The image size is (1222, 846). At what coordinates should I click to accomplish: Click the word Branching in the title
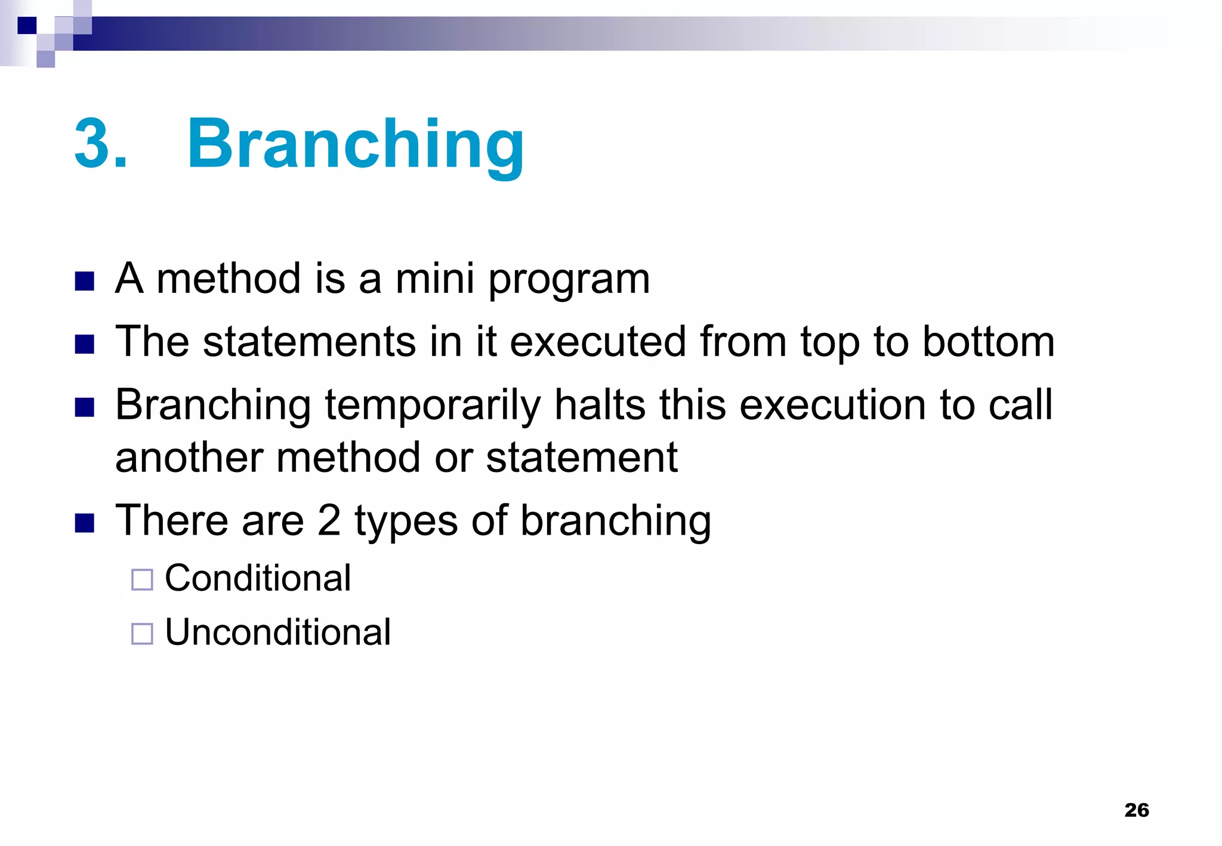[x=356, y=145]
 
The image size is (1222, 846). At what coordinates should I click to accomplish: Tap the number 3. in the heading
[x=100, y=145]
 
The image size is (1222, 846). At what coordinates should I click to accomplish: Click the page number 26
[x=1136, y=810]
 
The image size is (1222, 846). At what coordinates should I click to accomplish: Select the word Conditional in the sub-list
[x=258, y=578]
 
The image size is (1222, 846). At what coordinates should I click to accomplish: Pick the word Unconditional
[x=277, y=632]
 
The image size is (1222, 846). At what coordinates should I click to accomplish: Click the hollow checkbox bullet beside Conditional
[x=142, y=579]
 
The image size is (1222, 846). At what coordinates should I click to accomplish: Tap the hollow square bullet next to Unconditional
[x=142, y=634]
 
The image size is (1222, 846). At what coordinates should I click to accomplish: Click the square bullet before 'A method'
[x=85, y=281]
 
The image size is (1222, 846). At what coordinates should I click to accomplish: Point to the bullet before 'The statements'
[x=85, y=344]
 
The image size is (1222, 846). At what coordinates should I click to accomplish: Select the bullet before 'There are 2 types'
[x=85, y=523]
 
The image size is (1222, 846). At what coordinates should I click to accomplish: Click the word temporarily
[x=433, y=406]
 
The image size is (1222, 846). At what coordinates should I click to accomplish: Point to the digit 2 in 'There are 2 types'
[x=329, y=520]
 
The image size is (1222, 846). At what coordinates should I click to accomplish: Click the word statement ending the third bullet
[x=582, y=458]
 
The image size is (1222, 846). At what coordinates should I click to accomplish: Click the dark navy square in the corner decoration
[x=27, y=26]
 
